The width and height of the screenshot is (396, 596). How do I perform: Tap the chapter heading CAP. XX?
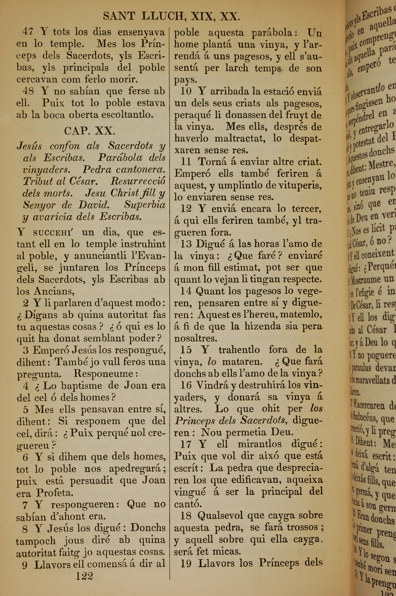pos(90,131)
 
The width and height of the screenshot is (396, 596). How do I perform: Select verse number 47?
pos(28,32)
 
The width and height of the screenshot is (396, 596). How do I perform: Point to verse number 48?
pos(28,91)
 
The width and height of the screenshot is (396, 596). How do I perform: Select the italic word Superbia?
pos(145,205)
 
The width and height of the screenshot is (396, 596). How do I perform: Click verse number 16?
pos(186,385)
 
